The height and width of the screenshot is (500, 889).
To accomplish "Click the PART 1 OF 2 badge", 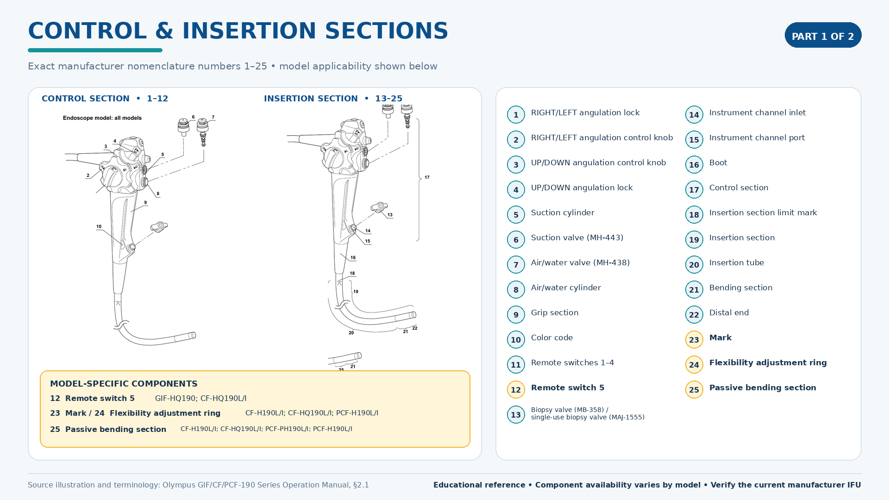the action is pyautogui.click(x=823, y=35).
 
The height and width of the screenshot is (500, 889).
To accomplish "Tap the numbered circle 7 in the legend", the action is pyautogui.click(x=516, y=265).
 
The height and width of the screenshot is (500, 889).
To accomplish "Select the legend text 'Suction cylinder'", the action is pyautogui.click(x=563, y=212).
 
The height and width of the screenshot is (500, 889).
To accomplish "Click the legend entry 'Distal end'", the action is pyautogui.click(x=729, y=312).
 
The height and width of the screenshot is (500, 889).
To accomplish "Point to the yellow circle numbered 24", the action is pyautogui.click(x=694, y=365).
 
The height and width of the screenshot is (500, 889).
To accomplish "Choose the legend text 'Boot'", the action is pyautogui.click(x=718, y=162).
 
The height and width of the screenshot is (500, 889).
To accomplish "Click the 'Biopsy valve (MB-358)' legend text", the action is pyautogui.click(x=568, y=410).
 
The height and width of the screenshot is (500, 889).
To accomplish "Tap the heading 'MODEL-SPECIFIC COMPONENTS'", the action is pyautogui.click(x=124, y=384).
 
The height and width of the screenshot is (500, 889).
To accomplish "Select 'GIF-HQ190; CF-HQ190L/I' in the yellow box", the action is pyautogui.click(x=200, y=398).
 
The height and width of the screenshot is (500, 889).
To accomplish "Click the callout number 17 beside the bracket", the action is pyautogui.click(x=427, y=177).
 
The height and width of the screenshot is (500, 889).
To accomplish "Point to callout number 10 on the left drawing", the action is pyautogui.click(x=99, y=227).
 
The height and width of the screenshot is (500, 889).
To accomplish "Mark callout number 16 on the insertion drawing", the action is pyautogui.click(x=353, y=257).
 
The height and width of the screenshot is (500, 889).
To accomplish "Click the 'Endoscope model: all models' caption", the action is pyautogui.click(x=102, y=118).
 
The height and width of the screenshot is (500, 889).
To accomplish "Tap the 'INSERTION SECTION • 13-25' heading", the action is pyautogui.click(x=333, y=99).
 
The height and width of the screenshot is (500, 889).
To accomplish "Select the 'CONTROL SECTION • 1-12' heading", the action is pyautogui.click(x=105, y=99).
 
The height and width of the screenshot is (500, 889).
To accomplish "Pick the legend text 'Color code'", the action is pyautogui.click(x=552, y=337).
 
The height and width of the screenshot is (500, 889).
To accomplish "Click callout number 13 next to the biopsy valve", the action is pyautogui.click(x=390, y=215).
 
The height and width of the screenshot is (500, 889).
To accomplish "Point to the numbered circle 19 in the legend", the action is pyautogui.click(x=694, y=240).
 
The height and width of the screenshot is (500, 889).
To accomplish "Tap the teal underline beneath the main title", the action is pyautogui.click(x=95, y=50).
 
